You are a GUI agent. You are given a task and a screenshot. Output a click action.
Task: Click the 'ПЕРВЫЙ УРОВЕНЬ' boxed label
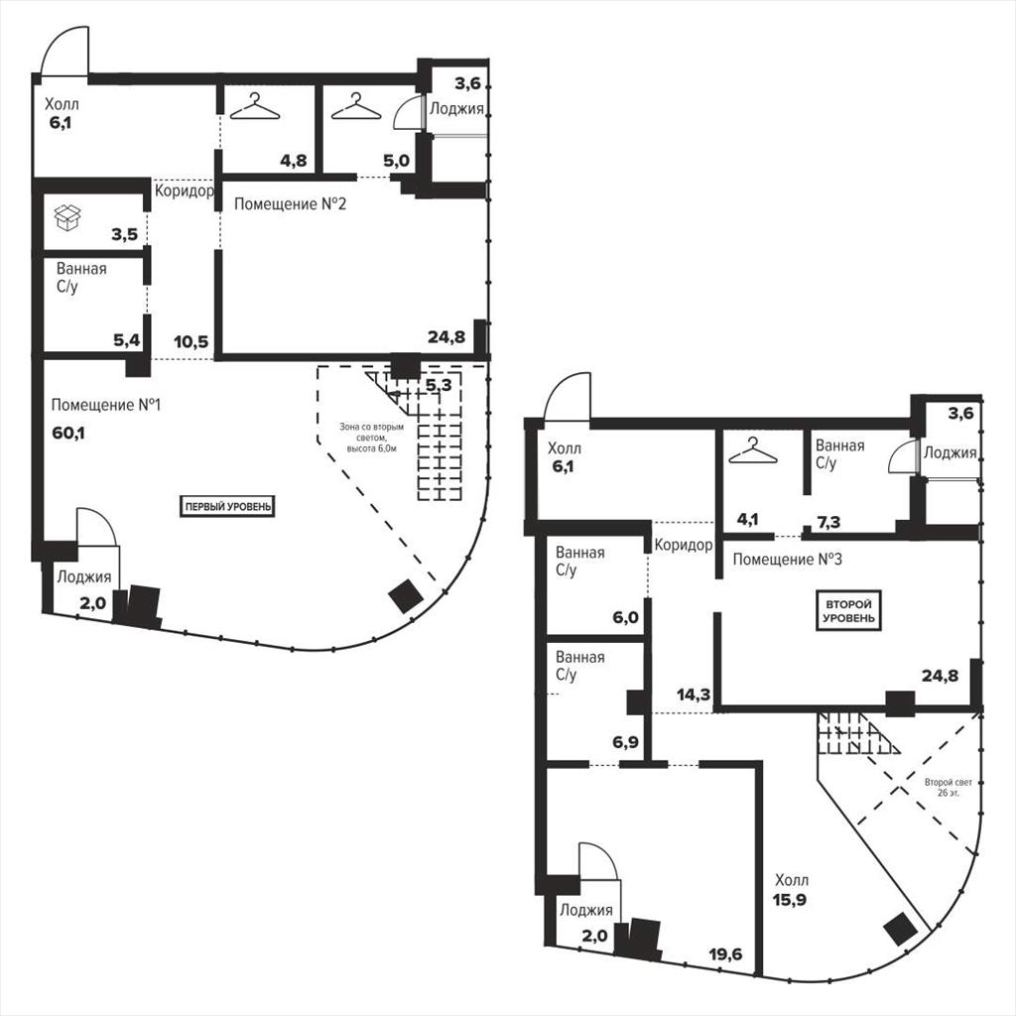(x=227, y=506)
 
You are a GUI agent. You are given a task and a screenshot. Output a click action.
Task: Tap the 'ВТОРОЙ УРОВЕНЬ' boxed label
(x=848, y=610)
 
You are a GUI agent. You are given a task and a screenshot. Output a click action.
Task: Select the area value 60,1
(x=68, y=433)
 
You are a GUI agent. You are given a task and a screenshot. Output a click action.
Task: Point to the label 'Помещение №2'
(x=290, y=204)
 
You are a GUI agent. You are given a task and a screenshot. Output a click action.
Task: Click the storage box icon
(x=67, y=217)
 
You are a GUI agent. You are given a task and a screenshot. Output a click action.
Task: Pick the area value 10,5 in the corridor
(x=191, y=341)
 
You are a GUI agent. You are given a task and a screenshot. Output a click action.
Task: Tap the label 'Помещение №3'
(x=787, y=560)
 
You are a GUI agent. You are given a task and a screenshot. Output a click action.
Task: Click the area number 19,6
(x=725, y=953)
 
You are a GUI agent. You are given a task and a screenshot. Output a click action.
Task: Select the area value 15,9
(x=789, y=899)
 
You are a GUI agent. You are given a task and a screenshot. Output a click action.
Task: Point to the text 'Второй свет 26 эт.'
(x=948, y=787)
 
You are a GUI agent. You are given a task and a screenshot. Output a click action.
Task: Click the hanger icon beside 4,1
(x=752, y=451)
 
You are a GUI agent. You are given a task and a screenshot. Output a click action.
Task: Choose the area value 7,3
(x=828, y=522)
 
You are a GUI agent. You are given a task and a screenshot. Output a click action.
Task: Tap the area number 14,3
(x=694, y=696)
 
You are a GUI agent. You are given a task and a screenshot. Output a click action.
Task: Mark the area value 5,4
(x=127, y=339)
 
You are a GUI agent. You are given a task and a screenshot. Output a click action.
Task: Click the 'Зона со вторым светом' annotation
(x=371, y=438)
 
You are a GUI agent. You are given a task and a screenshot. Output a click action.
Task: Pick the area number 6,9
(x=625, y=742)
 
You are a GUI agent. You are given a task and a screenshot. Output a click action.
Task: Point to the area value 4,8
(x=294, y=160)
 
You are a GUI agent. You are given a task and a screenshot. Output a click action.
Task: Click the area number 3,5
(x=124, y=234)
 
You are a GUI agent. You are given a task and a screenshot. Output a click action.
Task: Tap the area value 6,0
(x=625, y=617)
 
